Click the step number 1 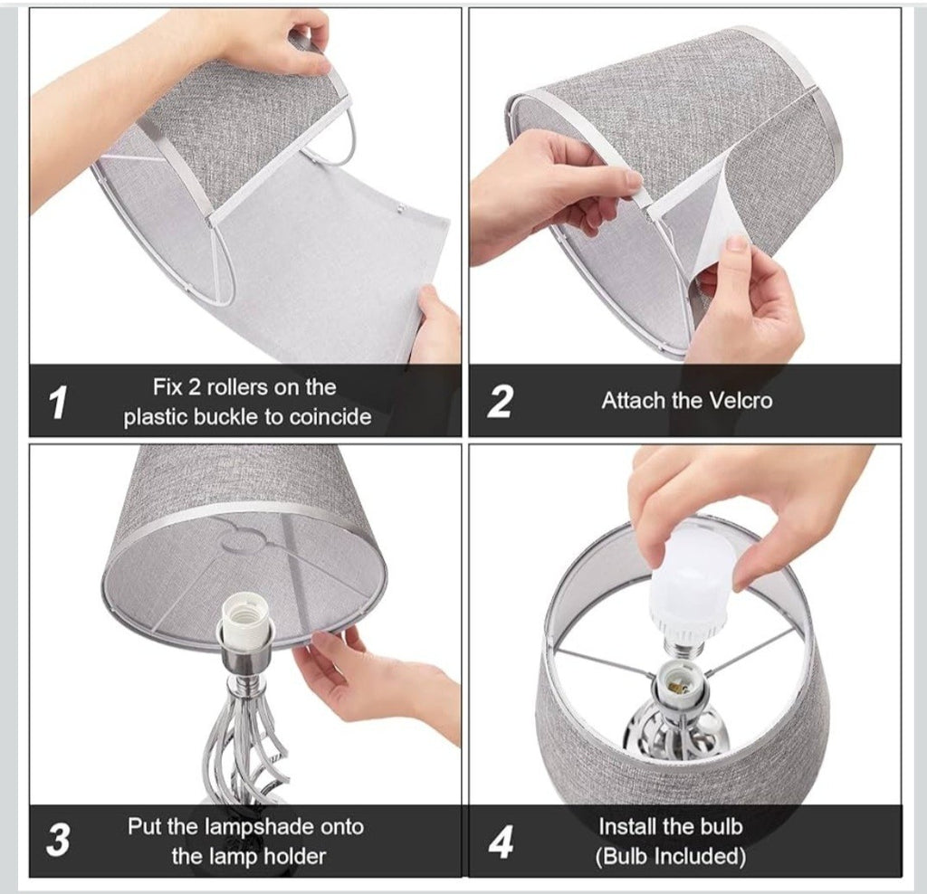[x=57, y=403]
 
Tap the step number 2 [x=500, y=402]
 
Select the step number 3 [x=58, y=840]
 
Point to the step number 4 [x=501, y=842]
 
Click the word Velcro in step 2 [x=741, y=401]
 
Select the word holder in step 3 [x=294, y=856]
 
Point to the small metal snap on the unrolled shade [x=401, y=209]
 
